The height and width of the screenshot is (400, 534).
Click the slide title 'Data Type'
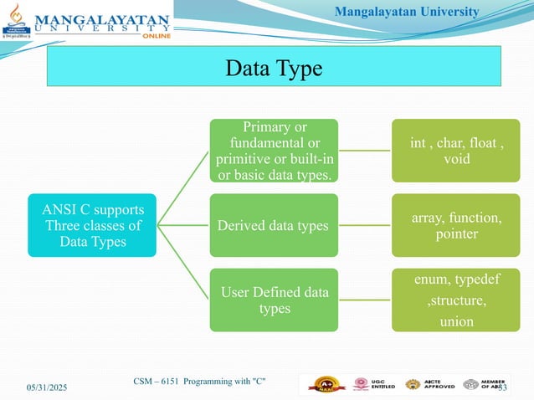[x=274, y=68]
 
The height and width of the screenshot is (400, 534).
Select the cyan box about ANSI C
[x=92, y=225]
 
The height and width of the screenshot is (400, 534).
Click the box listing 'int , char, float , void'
[x=456, y=150]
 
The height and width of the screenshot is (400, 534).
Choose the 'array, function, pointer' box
[x=456, y=225]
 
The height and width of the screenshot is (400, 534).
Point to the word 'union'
[x=456, y=321]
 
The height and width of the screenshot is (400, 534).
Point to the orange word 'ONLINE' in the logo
[x=157, y=36]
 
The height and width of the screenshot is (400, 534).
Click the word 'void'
[x=456, y=158]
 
